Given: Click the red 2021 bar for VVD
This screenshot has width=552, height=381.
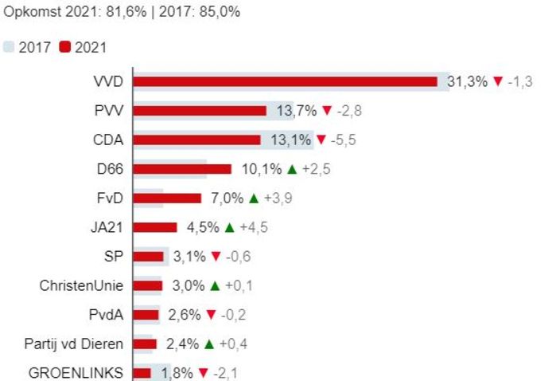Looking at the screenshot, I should point(285,81).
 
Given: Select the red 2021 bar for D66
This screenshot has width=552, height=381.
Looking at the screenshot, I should point(182,169).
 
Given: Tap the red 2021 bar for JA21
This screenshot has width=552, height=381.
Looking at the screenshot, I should point(155,227).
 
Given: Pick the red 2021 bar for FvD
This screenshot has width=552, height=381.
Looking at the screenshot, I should point(167,198).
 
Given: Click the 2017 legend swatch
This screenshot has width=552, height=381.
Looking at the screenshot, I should point(9,47).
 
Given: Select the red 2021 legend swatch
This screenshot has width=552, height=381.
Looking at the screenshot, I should point(64,47).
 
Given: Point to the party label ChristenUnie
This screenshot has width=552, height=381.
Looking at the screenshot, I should point(82,285).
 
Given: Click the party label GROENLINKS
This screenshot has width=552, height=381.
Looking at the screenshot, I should point(76,373).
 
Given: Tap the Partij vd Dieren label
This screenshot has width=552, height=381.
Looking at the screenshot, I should point(74,344).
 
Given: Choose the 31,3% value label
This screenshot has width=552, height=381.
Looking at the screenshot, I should point(467,81).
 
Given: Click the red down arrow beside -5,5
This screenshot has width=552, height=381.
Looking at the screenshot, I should point(321,140).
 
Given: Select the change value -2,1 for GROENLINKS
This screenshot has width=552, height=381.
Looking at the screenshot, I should point(230,373).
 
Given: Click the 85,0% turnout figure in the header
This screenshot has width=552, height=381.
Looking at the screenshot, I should point(223,13).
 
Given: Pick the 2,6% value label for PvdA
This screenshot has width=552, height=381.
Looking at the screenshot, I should point(184,315).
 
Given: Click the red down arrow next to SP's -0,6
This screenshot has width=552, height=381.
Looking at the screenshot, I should point(214,257).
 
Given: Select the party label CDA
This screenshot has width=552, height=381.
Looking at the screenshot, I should point(109,139).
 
